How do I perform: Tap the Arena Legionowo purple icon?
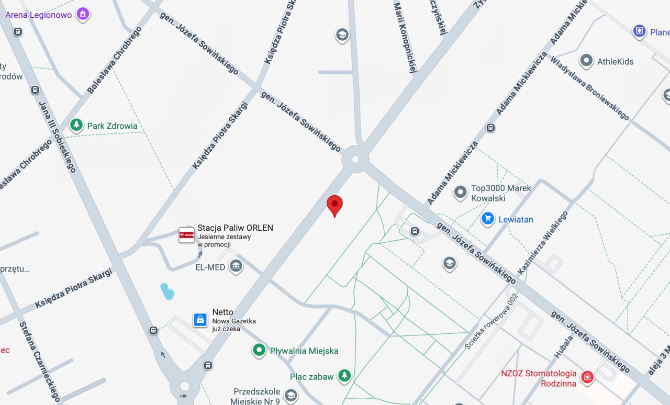pyautogui.click(x=83, y=14)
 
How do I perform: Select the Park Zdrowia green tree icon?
pyautogui.click(x=77, y=126)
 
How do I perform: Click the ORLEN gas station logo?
pyautogui.click(x=186, y=235)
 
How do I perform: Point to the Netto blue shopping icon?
pyautogui.click(x=200, y=320)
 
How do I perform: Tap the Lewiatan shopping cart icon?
pyautogui.click(x=488, y=219)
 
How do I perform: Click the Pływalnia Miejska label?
pyautogui.click(x=304, y=351)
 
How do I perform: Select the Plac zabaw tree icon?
pyautogui.click(x=344, y=376)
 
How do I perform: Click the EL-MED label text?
pyautogui.click(x=210, y=267)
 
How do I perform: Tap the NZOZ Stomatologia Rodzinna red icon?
pyautogui.click(x=587, y=377)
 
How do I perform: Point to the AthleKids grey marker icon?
pyautogui.click(x=586, y=61)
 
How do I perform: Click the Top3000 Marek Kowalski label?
pyautogui.click(x=500, y=193)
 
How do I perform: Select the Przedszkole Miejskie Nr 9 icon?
pyautogui.click(x=291, y=395)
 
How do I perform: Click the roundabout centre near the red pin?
pyautogui.click(x=356, y=157)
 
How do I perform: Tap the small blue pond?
pyautogui.click(x=166, y=291)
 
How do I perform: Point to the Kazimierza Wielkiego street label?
pyautogui.click(x=543, y=243)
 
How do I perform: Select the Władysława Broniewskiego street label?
pyautogui.click(x=589, y=87)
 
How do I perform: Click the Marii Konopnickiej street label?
pyautogui.click(x=405, y=37)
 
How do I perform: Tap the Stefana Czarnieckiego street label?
pyautogui.click(x=40, y=361)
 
